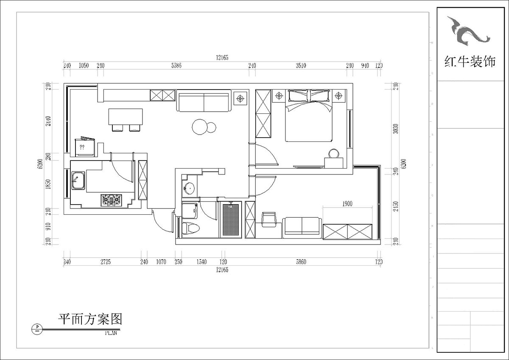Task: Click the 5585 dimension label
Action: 176,66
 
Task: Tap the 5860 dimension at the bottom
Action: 300,262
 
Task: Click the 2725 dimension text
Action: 105,262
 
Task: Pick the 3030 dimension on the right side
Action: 395,129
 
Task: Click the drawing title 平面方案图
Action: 90,319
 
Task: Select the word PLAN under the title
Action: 110,333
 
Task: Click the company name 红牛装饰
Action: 470,62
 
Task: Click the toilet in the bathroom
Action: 190,228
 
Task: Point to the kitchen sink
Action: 78,181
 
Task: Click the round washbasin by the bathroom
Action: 189,187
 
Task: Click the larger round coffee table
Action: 199,127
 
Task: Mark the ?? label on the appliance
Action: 82,148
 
